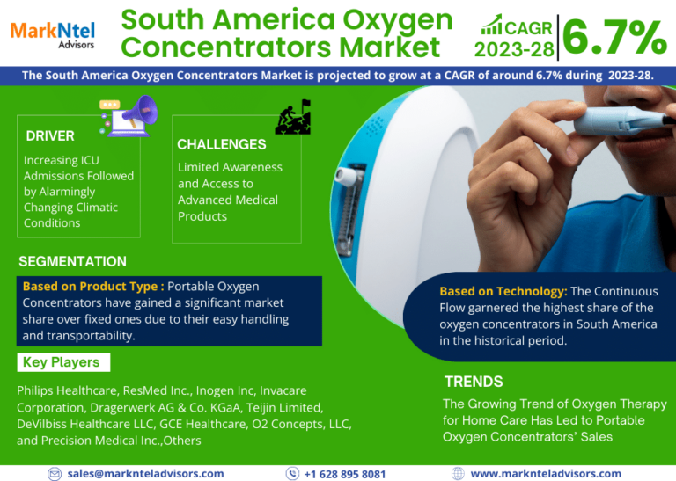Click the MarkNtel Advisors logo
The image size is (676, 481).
[x=52, y=35]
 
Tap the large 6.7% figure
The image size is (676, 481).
[x=615, y=38]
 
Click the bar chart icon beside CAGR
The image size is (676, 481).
[x=492, y=24]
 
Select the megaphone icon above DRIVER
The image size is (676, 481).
[x=129, y=116]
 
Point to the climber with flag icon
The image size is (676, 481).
[x=293, y=117]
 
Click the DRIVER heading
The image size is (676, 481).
[x=50, y=136]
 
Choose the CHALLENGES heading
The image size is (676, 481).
[x=222, y=144]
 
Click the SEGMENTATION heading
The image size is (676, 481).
[x=72, y=261]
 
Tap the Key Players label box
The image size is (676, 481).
[x=63, y=362]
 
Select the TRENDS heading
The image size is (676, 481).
[x=474, y=382]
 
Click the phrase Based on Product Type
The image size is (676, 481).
[x=90, y=287]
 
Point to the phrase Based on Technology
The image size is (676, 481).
[x=503, y=292]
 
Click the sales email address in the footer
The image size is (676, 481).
[x=146, y=474]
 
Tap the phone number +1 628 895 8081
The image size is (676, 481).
[x=345, y=474]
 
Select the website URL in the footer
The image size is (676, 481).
[x=546, y=474]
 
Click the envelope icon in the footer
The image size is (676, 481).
[x=55, y=474]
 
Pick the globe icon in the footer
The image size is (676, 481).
[x=458, y=474]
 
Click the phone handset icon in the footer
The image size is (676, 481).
[x=293, y=474]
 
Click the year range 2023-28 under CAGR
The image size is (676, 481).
[x=514, y=50]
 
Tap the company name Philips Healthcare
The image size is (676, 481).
[x=67, y=390]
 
